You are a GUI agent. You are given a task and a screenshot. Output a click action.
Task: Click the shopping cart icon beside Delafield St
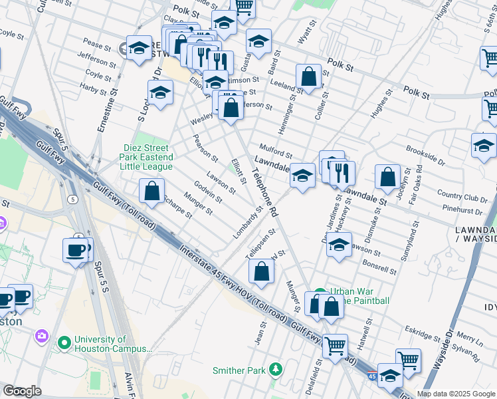[335, 345]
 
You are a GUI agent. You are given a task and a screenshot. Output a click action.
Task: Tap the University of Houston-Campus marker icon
[64, 343]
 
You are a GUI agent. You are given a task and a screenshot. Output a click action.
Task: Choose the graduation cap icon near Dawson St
[339, 245]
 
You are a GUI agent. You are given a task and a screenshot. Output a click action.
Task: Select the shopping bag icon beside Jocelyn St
[387, 177]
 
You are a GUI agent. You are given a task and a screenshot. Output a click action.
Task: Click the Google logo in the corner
[22, 391]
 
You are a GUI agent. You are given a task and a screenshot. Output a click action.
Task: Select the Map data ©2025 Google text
[456, 394]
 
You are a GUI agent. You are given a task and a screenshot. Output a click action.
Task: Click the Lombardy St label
[248, 223]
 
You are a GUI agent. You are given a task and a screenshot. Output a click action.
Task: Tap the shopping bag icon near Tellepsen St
[262, 271]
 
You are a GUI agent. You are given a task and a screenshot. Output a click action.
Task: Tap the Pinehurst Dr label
[465, 211]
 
